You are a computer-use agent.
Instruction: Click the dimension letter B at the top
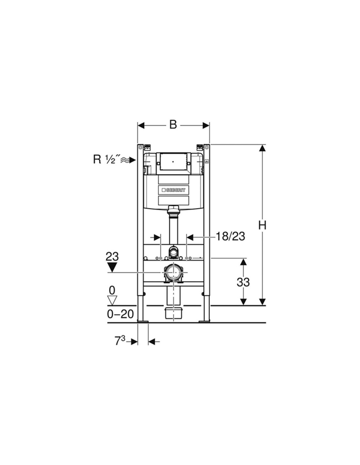(173, 125)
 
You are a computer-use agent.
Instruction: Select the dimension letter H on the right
(262, 226)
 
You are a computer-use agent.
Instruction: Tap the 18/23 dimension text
(230, 237)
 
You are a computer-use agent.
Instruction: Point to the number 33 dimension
(243, 282)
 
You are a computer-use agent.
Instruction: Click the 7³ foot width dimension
(120, 341)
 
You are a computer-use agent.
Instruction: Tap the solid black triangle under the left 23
(112, 267)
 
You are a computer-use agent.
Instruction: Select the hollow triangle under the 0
(112, 301)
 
